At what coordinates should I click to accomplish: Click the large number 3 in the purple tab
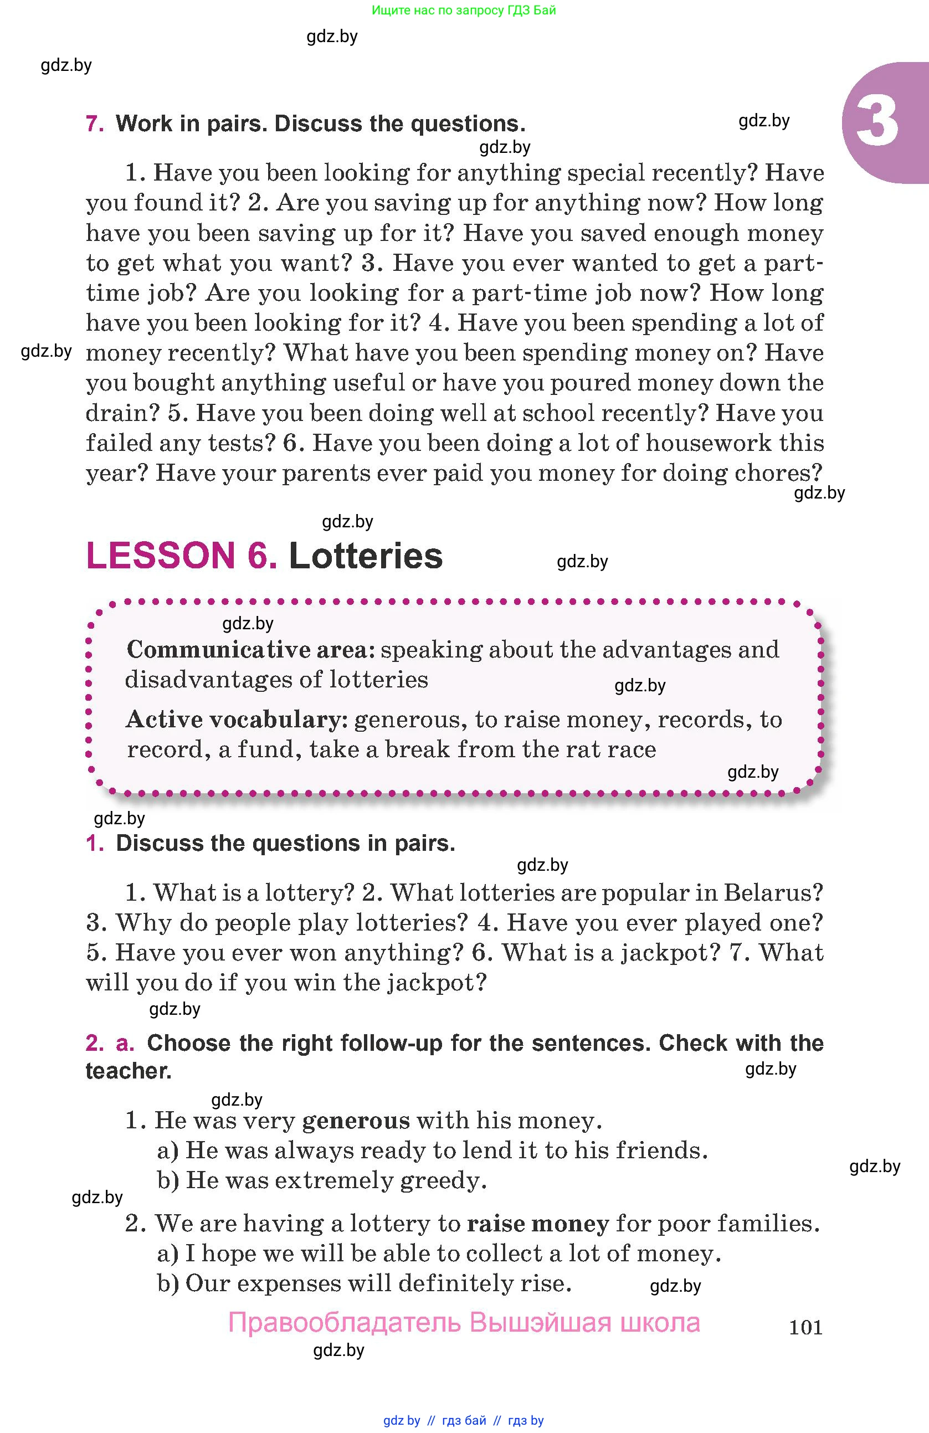(x=876, y=122)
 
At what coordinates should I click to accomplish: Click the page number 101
(x=805, y=1327)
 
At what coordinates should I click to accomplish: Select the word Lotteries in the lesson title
(x=366, y=555)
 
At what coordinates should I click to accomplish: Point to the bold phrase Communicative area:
(x=251, y=650)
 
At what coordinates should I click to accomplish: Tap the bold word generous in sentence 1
(x=356, y=1121)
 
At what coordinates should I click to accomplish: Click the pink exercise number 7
(x=95, y=124)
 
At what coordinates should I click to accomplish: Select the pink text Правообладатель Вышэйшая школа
(x=464, y=1323)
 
